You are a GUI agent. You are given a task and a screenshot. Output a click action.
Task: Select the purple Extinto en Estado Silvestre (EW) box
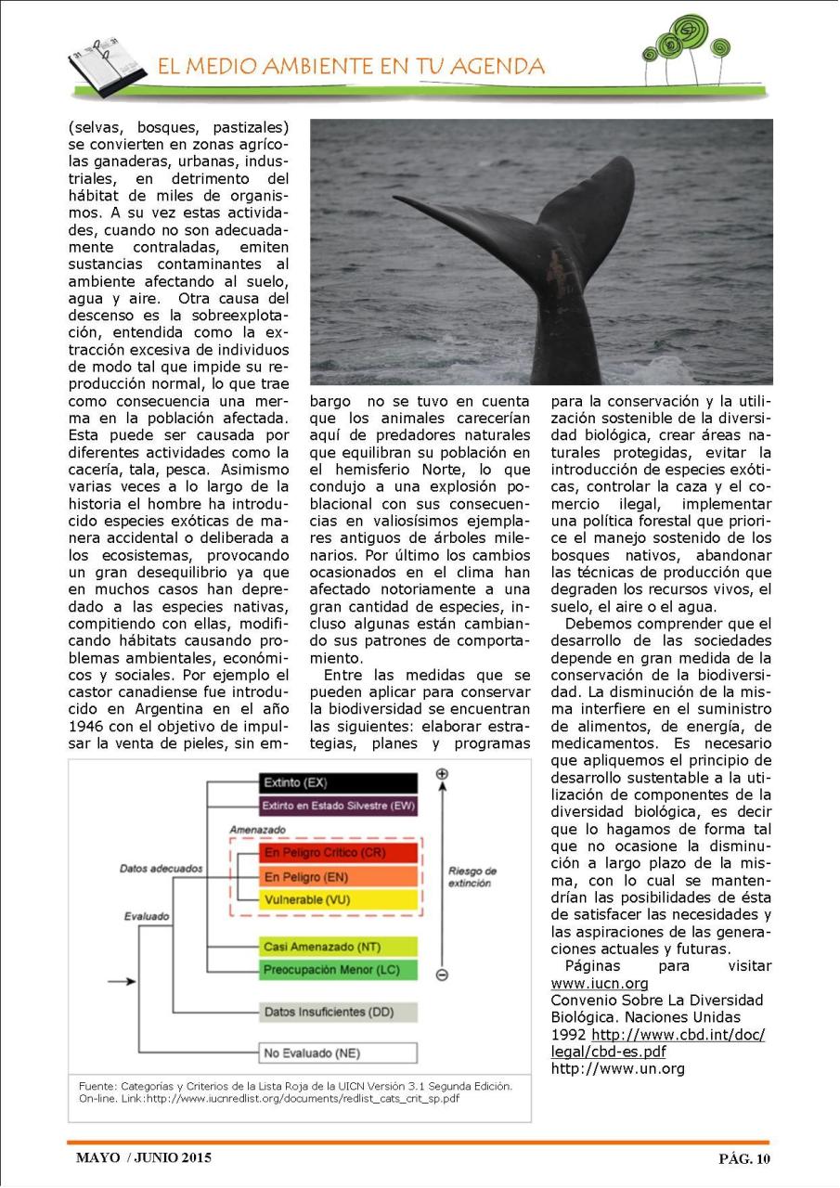338,806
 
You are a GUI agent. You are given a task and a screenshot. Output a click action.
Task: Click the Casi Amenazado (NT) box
338,947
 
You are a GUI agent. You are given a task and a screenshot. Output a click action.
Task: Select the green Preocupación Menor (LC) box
338,970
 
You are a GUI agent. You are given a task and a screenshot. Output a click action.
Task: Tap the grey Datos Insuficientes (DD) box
338,1012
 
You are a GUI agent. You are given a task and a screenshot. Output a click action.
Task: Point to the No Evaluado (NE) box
338,1053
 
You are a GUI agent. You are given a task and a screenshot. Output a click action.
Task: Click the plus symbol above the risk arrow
442,773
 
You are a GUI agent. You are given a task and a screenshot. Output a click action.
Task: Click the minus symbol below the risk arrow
442,975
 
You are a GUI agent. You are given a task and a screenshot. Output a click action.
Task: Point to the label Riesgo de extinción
472,877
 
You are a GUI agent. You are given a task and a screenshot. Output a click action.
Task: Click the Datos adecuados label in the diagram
161,869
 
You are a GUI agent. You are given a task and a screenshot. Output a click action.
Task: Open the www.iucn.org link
600,984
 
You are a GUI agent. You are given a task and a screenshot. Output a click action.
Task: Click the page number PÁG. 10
744,1158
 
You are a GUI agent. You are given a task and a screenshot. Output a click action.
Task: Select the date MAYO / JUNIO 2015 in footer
144,1157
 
